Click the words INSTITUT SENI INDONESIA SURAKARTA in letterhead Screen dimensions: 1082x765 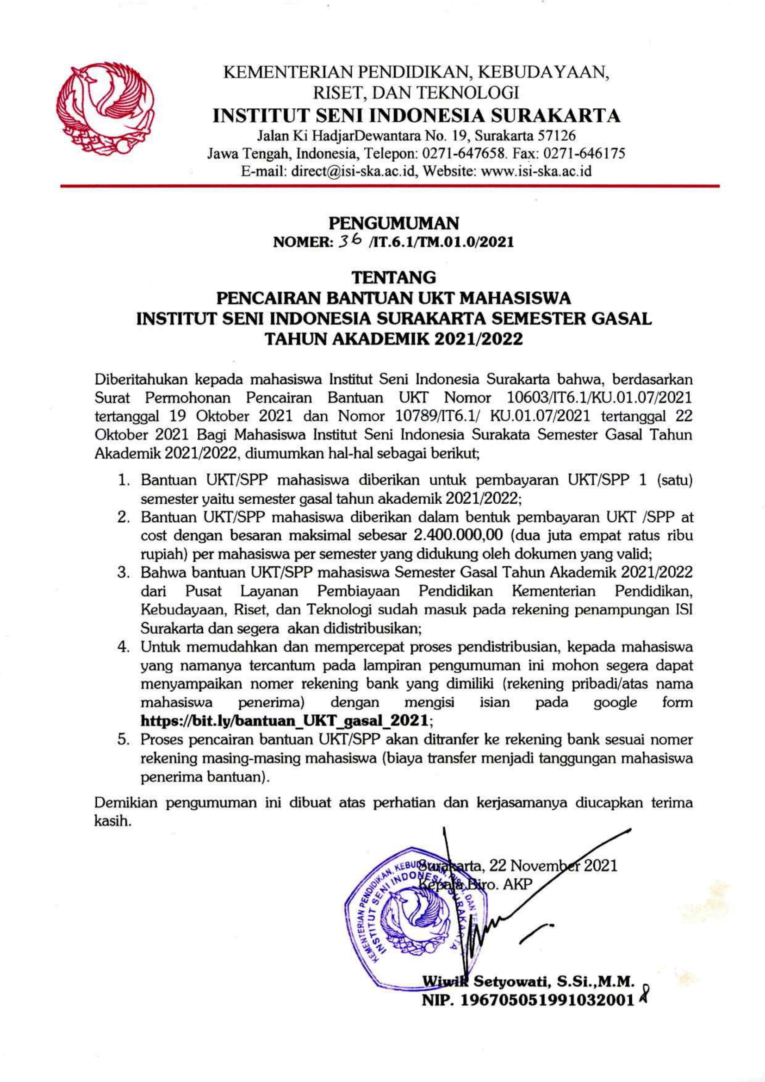click(417, 116)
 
